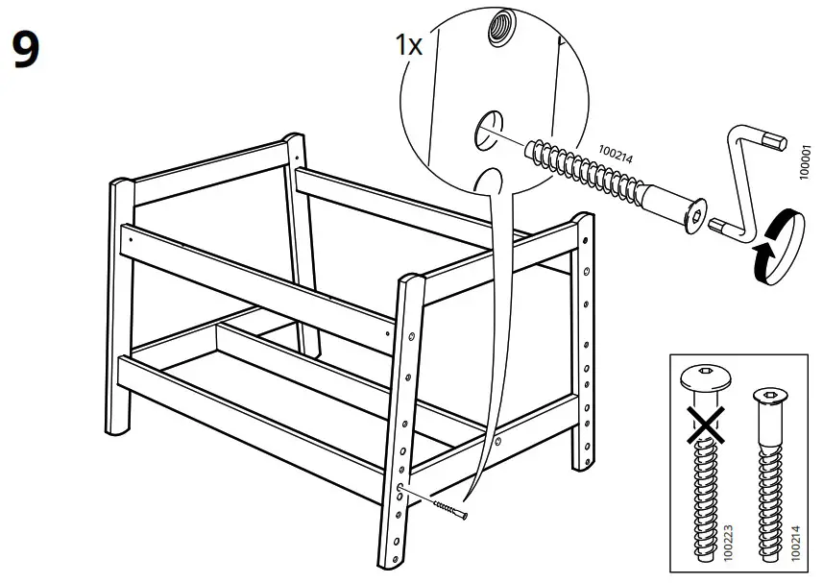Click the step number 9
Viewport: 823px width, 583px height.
coord(26,50)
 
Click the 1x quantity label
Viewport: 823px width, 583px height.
coord(409,45)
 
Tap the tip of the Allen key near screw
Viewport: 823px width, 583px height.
coord(715,228)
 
